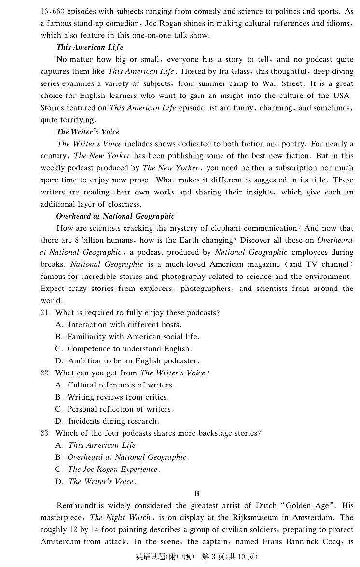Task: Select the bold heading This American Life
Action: click(x=90, y=47)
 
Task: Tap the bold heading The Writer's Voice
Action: click(x=88, y=132)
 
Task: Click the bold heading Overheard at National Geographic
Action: click(x=115, y=216)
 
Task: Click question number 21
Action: click(x=45, y=313)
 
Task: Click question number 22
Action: click(x=45, y=373)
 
